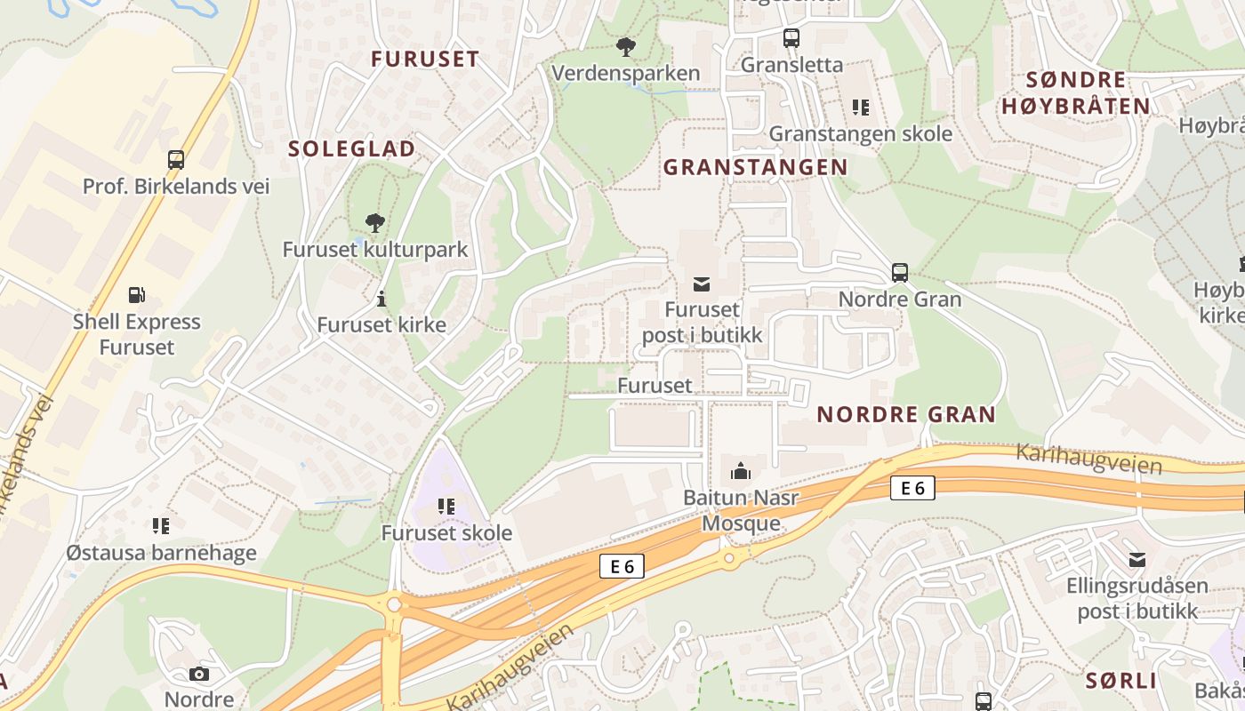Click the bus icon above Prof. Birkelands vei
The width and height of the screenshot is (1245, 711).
click(x=176, y=160)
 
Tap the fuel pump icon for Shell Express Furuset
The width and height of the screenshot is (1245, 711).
click(x=136, y=295)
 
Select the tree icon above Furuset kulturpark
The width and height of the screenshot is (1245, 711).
click(x=375, y=222)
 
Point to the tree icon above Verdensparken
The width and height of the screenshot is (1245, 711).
click(x=626, y=46)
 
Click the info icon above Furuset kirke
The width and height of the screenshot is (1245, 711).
click(x=382, y=298)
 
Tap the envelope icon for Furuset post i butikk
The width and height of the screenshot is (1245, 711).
click(x=702, y=284)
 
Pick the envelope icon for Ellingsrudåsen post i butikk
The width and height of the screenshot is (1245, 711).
click(x=1137, y=559)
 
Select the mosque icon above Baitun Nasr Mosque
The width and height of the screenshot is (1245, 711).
click(x=741, y=471)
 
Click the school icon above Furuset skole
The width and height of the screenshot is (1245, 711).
click(x=446, y=507)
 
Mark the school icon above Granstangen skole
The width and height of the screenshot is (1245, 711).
click(x=860, y=108)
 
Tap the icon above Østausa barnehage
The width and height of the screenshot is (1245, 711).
click(x=161, y=526)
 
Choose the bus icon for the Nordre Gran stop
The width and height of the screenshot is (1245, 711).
click(x=900, y=273)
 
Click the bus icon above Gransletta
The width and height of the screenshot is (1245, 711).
click(x=791, y=38)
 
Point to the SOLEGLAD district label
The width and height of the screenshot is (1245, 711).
click(x=351, y=149)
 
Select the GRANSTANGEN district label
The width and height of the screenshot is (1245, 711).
click(x=755, y=167)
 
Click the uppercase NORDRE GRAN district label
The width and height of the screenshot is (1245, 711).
click(x=906, y=414)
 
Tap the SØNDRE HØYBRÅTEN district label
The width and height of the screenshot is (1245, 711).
click(x=1076, y=93)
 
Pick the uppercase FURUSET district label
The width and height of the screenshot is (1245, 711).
click(x=425, y=60)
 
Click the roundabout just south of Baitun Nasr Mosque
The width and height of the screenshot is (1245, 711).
click(x=730, y=558)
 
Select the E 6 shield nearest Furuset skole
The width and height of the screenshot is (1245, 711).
click(x=621, y=566)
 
